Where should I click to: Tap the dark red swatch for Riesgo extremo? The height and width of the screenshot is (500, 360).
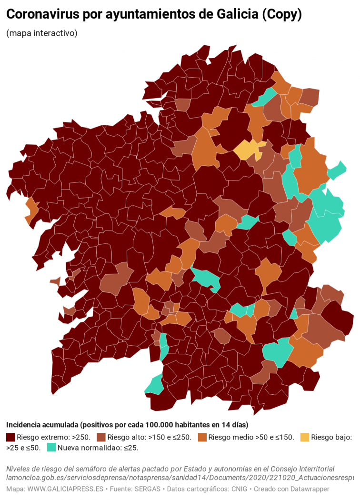point(10,437)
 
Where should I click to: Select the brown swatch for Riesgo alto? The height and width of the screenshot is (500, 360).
point(101,437)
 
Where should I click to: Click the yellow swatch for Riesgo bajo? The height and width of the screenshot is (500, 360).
point(302,437)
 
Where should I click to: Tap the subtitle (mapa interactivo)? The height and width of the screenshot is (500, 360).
point(42,33)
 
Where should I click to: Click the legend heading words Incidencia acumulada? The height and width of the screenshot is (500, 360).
point(42,425)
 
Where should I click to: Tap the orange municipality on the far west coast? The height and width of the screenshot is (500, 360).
point(31,210)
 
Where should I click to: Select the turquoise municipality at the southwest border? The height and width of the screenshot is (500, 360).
point(155,385)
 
